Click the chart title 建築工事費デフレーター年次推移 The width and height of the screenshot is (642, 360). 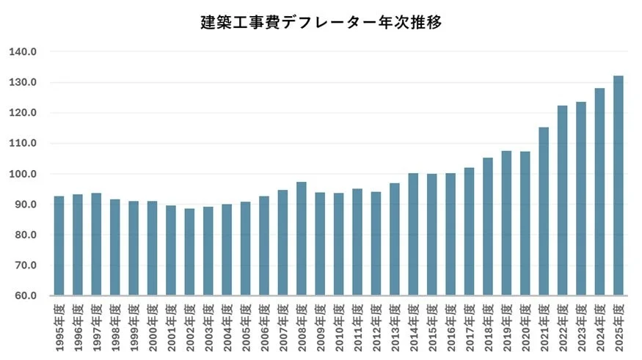pos(321,22)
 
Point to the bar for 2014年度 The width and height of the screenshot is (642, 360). pos(413,234)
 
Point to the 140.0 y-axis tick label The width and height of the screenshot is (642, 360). pos(23,52)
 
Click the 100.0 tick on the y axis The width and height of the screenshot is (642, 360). pos(23,175)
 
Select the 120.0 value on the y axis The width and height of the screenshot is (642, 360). pos(23,113)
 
